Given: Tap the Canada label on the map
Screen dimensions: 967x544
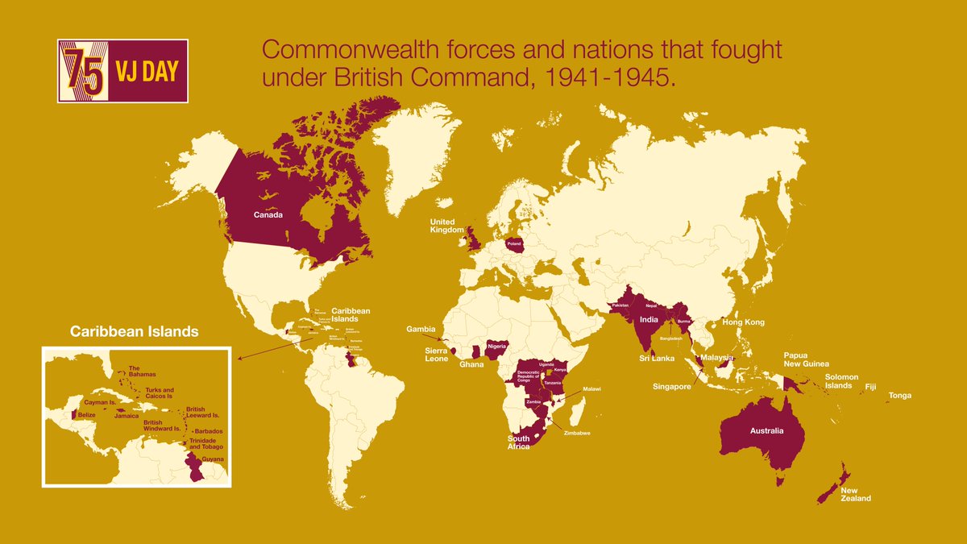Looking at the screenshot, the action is (x=268, y=215).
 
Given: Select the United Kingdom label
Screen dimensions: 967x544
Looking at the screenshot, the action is (x=442, y=226).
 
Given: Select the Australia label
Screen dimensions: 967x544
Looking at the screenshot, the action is (x=766, y=431).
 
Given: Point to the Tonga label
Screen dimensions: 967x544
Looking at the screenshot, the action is (x=901, y=396).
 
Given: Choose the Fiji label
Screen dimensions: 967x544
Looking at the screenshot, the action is (x=870, y=387).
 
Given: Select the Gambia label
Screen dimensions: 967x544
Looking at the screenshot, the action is (x=421, y=329).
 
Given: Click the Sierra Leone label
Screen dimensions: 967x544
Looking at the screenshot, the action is (x=437, y=355).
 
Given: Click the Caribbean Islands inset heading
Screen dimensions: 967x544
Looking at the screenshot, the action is (x=134, y=331).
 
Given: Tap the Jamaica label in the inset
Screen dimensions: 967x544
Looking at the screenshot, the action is (x=127, y=416).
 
